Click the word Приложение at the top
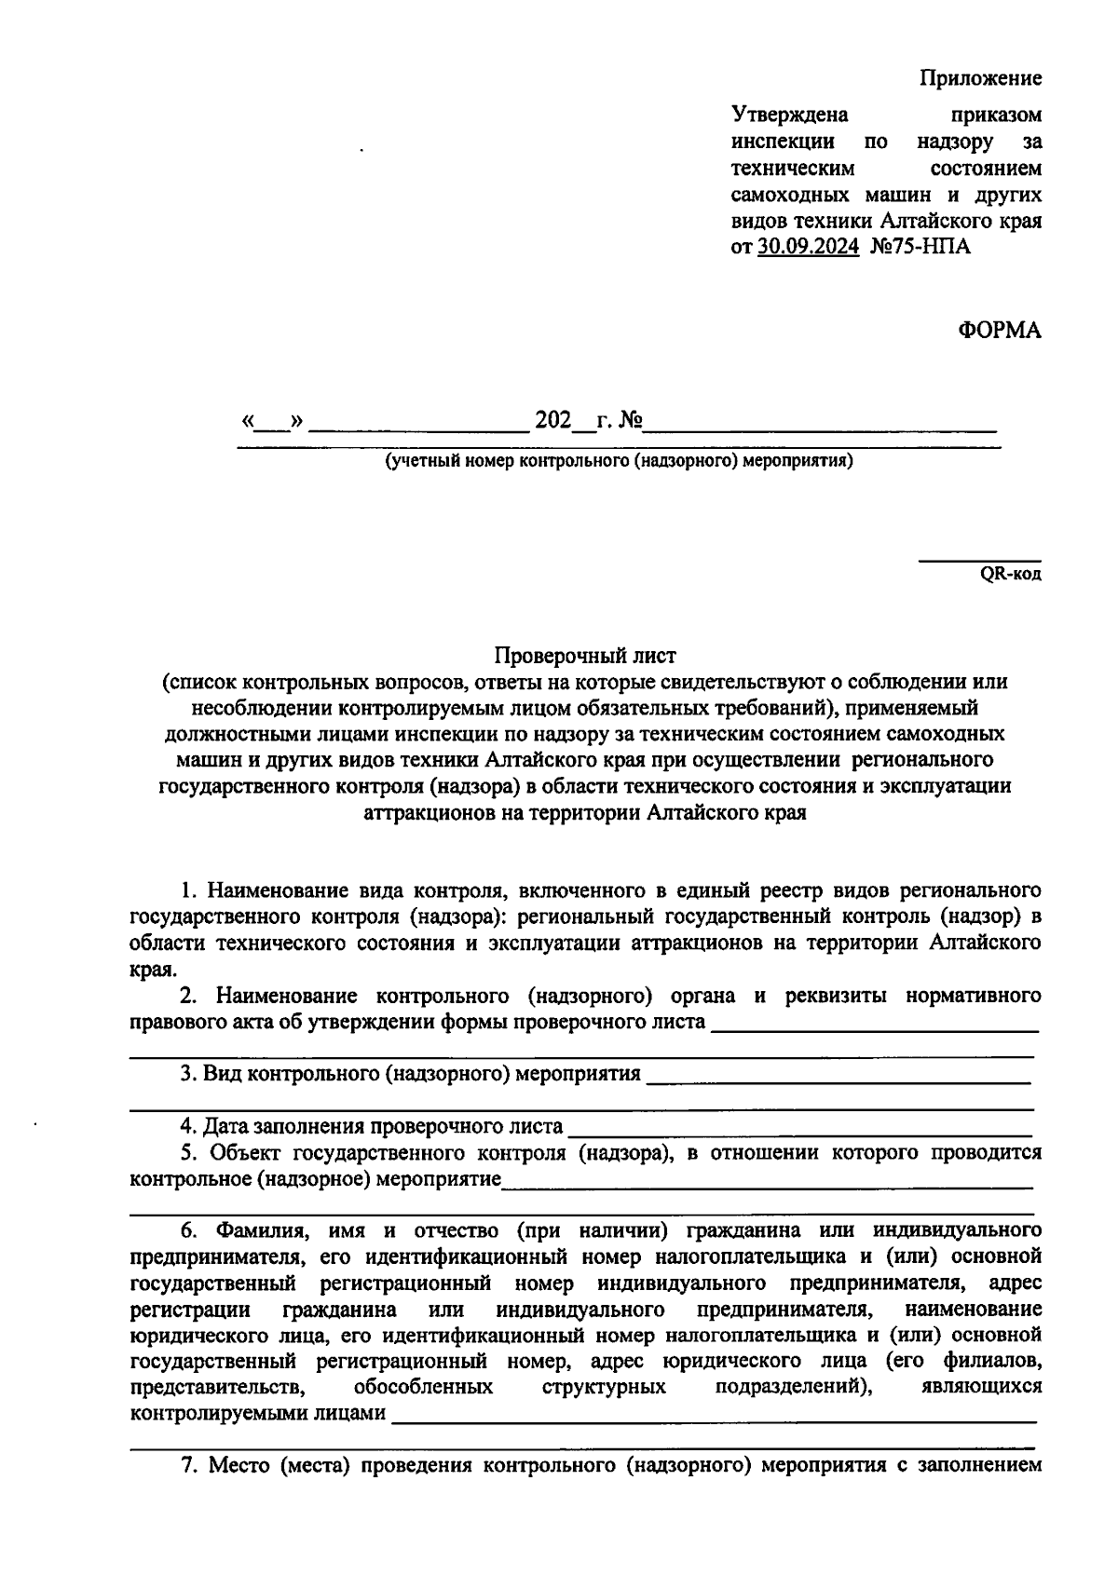click(x=981, y=78)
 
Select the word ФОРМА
click(x=1000, y=330)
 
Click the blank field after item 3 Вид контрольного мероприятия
click(x=837, y=1078)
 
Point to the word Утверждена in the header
click(x=790, y=115)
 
